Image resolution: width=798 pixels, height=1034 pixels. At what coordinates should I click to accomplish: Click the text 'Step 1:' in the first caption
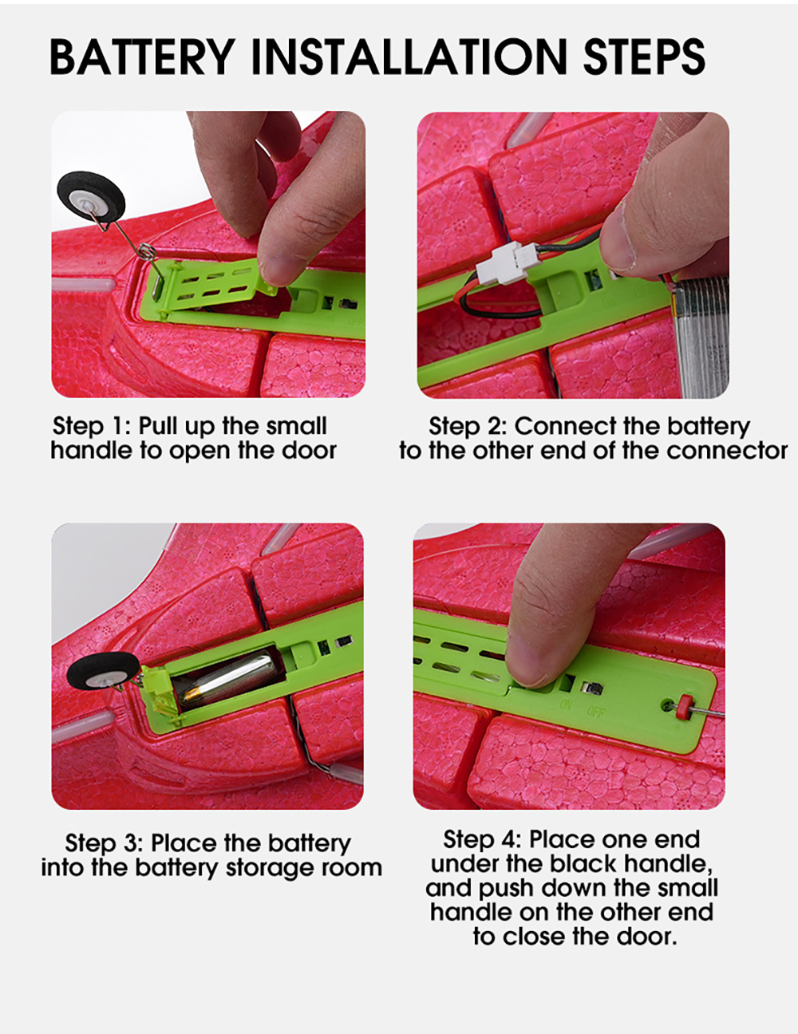click(91, 425)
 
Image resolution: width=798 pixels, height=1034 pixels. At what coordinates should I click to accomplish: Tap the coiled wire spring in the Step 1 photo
click(148, 251)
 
